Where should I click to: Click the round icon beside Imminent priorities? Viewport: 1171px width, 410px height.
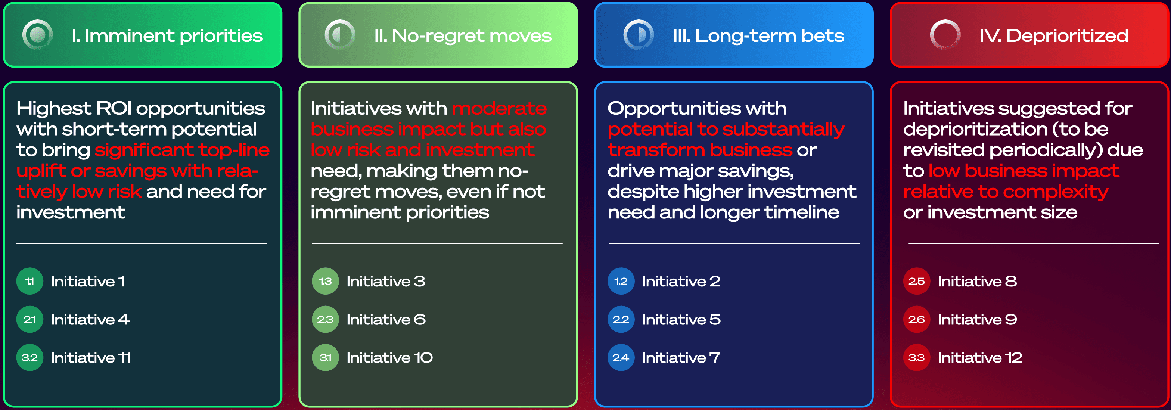[x=38, y=35]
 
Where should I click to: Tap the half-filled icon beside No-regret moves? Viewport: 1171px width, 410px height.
[x=340, y=35]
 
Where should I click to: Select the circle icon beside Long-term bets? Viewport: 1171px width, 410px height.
[x=638, y=35]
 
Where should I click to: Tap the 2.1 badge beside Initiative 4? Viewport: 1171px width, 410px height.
[x=30, y=320]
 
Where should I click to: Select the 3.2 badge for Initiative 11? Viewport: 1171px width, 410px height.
[x=30, y=358]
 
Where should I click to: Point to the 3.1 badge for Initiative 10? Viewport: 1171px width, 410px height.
[x=326, y=358]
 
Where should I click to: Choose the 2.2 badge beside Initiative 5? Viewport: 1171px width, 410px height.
[x=621, y=320]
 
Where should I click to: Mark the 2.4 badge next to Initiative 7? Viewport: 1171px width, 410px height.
[x=621, y=358]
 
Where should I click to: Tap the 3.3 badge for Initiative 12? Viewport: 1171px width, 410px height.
[x=916, y=358]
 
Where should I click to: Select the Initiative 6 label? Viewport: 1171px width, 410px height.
[x=386, y=320]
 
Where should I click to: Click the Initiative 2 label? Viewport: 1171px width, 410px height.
[x=681, y=282]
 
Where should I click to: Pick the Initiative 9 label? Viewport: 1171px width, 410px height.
[x=977, y=320]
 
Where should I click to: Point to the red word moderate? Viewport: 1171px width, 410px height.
[x=499, y=109]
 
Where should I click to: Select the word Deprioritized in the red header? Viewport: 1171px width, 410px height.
[x=1067, y=36]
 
